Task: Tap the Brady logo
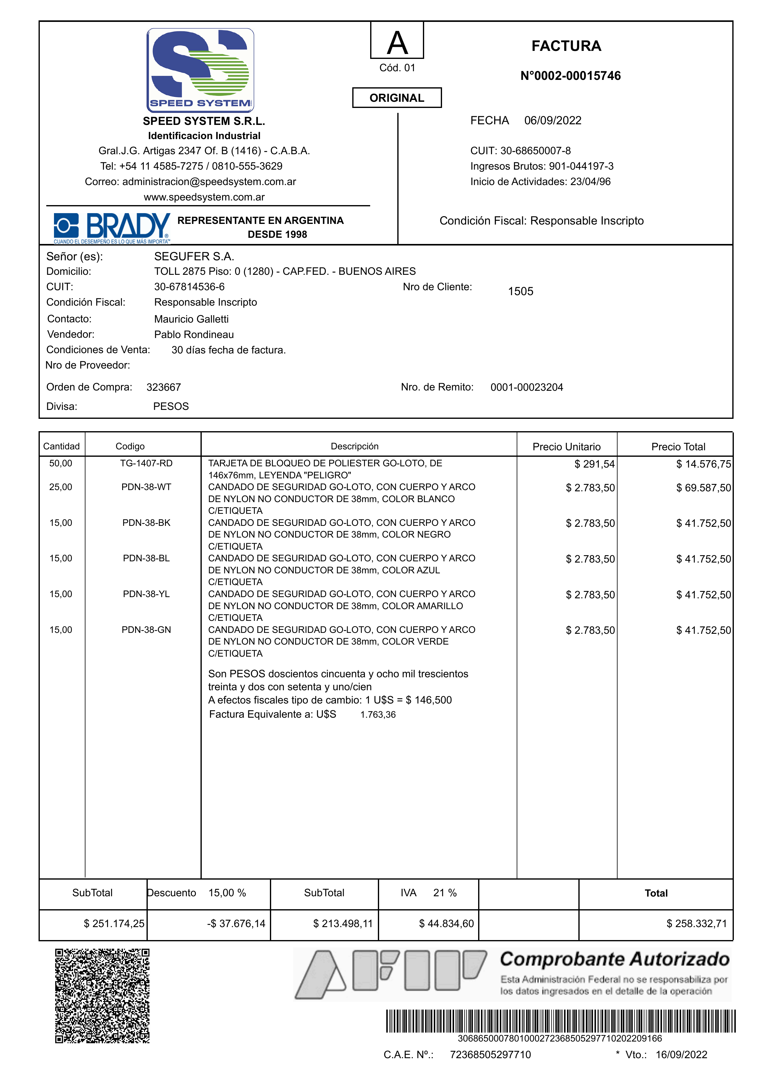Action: (112, 228)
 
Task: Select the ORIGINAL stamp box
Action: (397, 98)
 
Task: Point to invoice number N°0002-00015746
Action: (570, 76)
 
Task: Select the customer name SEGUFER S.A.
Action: (194, 256)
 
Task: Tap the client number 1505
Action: (520, 291)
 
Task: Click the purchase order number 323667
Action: (163, 387)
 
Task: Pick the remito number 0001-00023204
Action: (527, 387)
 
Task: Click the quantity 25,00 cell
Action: (61, 487)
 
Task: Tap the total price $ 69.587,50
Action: (703, 488)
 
